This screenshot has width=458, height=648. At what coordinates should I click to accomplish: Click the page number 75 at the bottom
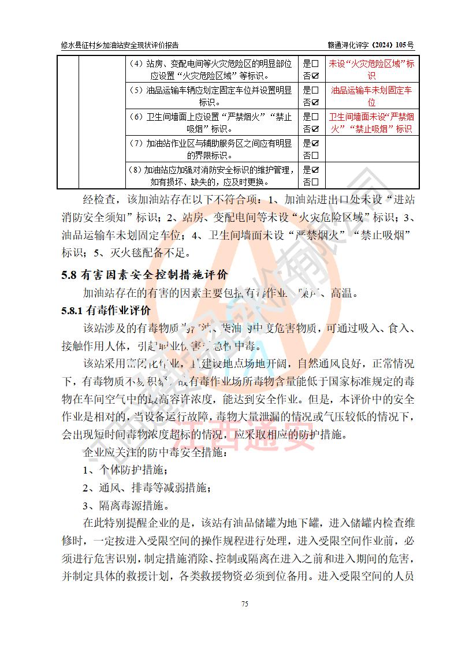pos(244,604)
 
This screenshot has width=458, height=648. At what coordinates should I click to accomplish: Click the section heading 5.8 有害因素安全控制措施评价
pos(144,274)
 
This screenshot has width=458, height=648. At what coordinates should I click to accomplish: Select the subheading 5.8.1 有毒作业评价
pos(106,311)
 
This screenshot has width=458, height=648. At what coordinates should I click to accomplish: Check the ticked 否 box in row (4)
pos(315,76)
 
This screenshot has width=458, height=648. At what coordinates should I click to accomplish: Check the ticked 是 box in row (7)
pos(315,143)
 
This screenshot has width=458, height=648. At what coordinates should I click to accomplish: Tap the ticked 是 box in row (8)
pos(315,169)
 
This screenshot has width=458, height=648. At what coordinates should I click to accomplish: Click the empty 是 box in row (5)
pos(315,90)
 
